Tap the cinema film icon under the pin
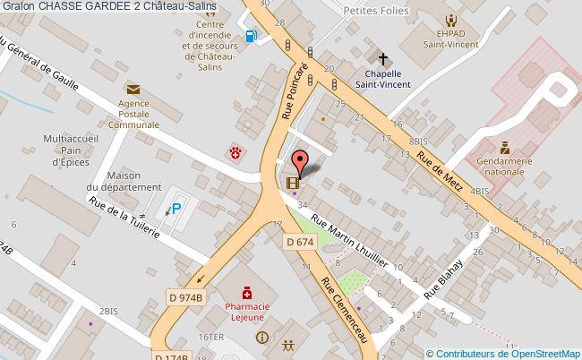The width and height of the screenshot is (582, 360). click(x=292, y=183)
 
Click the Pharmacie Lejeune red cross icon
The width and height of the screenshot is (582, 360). click(x=245, y=293)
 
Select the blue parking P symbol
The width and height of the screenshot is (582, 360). click(x=176, y=209)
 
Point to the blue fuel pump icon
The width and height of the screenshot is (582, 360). click(x=252, y=37)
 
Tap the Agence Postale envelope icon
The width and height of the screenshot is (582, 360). click(x=133, y=89)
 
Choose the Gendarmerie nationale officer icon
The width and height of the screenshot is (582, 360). click(x=505, y=147)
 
